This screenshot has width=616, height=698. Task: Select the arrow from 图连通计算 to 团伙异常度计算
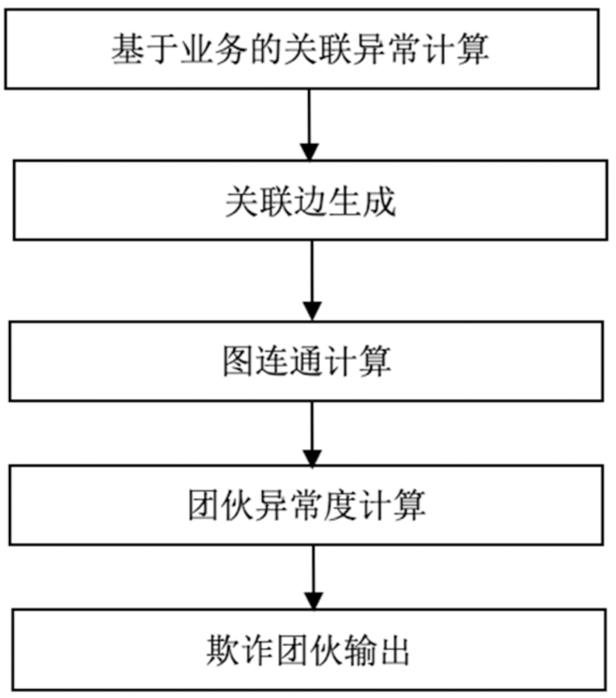point(312,434)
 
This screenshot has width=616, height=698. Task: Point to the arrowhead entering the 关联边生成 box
point(309,152)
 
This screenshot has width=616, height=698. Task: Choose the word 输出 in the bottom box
point(379,651)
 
